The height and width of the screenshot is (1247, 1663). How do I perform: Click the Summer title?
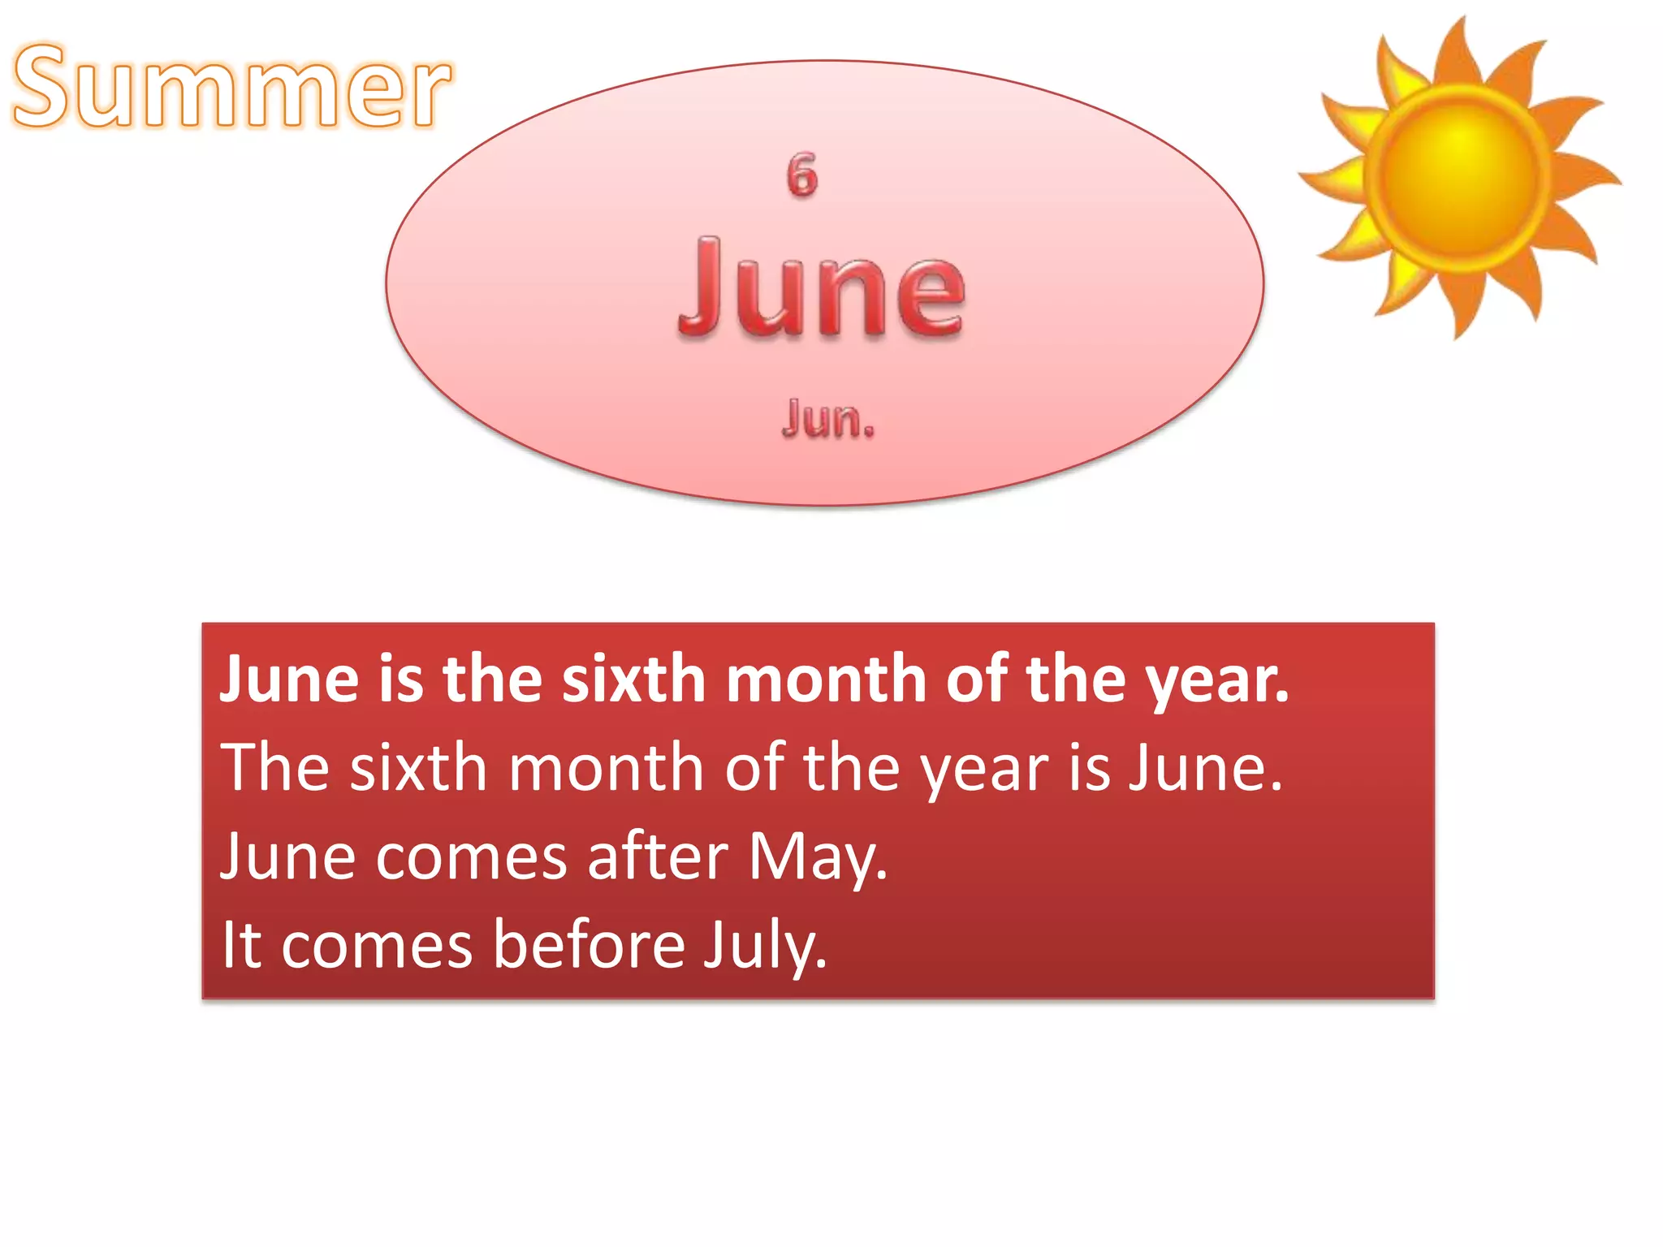[x=231, y=87]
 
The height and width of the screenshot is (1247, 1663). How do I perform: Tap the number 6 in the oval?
[x=801, y=175]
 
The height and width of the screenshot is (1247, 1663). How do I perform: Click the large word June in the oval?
[x=822, y=288]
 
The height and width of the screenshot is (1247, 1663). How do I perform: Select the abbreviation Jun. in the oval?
[x=827, y=419]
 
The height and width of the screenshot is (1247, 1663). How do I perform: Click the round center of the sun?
[x=1459, y=173]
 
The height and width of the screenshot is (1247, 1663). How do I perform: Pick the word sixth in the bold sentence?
[x=633, y=679]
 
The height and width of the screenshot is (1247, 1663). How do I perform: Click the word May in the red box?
[x=818, y=857]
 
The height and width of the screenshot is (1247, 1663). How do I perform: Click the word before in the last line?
[x=590, y=945]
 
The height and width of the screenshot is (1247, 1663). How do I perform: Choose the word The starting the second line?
[x=274, y=767]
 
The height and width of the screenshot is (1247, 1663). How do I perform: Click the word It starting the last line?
[x=241, y=945]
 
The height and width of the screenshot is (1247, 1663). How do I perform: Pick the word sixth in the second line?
[x=418, y=767]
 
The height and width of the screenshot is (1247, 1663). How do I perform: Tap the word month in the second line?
[x=606, y=767]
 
